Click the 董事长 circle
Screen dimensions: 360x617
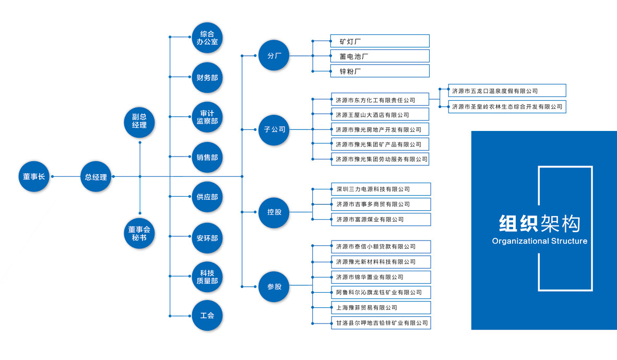click(x=34, y=177)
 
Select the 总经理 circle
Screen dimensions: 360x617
click(x=96, y=177)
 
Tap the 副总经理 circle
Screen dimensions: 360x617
click(x=139, y=121)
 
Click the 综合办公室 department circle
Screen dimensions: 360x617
click(x=207, y=37)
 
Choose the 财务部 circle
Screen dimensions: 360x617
click(x=207, y=77)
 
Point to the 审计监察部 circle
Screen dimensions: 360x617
click(x=207, y=117)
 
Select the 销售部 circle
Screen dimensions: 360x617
click(x=207, y=157)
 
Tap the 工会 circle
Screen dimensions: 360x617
click(x=207, y=316)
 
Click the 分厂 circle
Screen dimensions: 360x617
click(x=274, y=55)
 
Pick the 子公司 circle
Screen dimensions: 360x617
click(x=274, y=129)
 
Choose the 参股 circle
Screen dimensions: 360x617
click(x=274, y=286)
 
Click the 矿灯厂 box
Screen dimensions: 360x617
click(x=380, y=41)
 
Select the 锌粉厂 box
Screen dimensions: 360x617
click(x=380, y=71)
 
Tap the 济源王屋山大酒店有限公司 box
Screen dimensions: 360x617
click(x=380, y=115)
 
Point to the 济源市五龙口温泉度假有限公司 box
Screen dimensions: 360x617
click(x=507, y=91)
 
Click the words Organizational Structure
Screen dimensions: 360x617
click(x=539, y=241)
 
